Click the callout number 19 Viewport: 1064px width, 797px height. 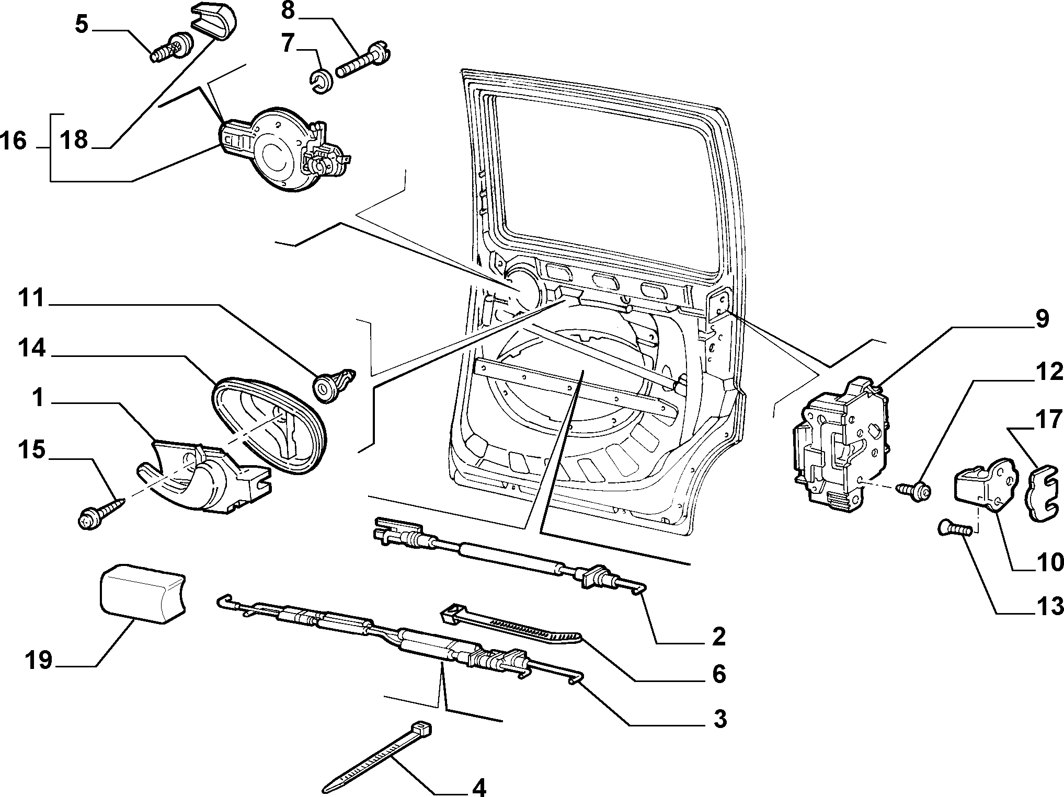click(x=39, y=660)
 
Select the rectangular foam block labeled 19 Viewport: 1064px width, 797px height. click(x=142, y=594)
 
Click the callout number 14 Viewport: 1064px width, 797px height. click(x=32, y=348)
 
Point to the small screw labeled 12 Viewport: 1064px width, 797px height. click(x=914, y=490)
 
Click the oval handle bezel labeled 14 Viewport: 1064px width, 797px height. click(x=270, y=426)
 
